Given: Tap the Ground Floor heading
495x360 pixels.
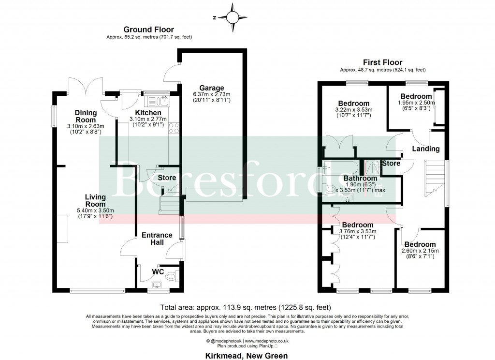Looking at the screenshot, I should tap(148, 30).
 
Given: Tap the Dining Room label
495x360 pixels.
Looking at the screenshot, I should tap(86, 116).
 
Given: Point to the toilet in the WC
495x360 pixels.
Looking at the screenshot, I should tap(170, 277).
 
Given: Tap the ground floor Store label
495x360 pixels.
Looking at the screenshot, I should tap(167, 178).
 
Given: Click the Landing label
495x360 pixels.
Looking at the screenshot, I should tap(425, 149).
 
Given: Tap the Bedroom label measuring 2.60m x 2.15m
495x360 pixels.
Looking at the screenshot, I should tap(420, 244).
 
